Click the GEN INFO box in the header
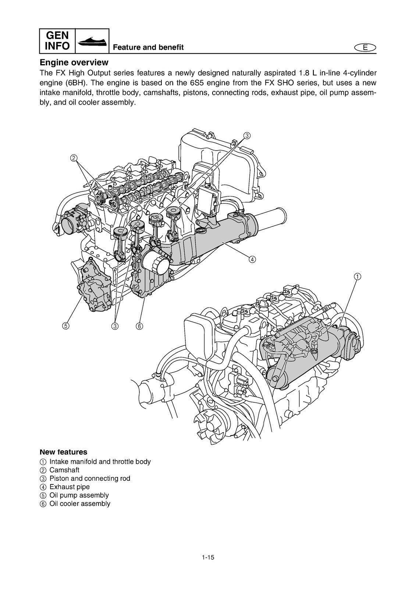click(57, 41)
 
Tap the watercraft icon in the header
click(92, 41)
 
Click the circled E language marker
click(365, 47)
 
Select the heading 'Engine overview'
click(74, 62)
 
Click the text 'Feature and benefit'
click(148, 47)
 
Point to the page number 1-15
click(208, 567)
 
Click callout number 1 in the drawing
click(357, 276)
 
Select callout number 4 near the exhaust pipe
click(252, 259)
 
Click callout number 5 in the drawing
click(65, 325)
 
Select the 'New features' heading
click(63, 452)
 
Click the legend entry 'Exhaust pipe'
click(69, 487)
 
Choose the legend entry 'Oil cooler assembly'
click(79, 504)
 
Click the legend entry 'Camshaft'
click(64, 470)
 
